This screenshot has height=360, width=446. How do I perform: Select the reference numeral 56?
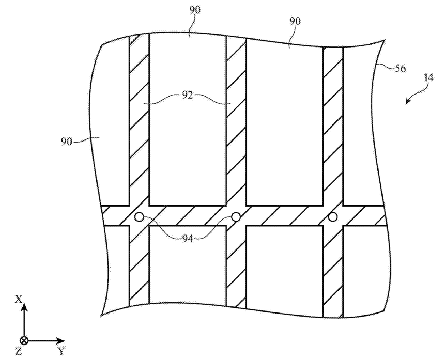[x=400, y=68]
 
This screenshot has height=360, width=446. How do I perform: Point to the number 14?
[x=428, y=78]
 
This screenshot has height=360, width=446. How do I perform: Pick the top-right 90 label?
[x=296, y=21]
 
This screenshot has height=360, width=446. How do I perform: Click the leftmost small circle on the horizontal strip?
[x=138, y=217]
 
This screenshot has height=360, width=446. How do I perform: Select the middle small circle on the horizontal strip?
[x=236, y=217]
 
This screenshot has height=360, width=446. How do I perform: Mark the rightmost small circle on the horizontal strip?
[x=333, y=217]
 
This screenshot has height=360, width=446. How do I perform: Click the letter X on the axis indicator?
[x=19, y=299]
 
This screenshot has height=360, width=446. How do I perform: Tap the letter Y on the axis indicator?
[x=61, y=352]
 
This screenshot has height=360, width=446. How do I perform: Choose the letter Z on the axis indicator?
[x=19, y=352]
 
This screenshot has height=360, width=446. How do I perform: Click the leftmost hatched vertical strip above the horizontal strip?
[x=139, y=119]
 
